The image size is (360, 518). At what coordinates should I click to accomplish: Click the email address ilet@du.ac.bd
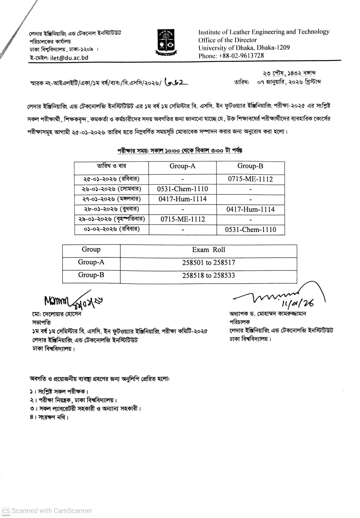(x=69, y=58)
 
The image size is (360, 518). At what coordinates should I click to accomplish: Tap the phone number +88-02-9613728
(x=241, y=56)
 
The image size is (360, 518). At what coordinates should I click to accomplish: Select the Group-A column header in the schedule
(x=182, y=166)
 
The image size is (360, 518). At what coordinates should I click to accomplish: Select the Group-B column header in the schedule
(x=250, y=166)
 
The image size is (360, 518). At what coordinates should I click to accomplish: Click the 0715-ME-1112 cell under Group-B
(x=250, y=179)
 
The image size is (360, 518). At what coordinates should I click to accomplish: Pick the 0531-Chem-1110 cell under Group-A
(x=182, y=189)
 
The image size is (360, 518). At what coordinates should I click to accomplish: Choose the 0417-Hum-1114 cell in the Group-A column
(x=182, y=199)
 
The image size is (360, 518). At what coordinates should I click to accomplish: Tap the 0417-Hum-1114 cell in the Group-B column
(x=250, y=209)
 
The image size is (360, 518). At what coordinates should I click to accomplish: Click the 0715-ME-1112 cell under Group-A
(x=182, y=219)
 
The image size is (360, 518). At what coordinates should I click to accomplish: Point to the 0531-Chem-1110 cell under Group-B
(x=250, y=230)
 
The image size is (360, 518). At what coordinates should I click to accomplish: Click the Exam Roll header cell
(x=208, y=250)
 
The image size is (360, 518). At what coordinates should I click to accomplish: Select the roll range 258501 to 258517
(x=208, y=263)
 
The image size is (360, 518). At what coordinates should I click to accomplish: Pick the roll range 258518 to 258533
(x=208, y=276)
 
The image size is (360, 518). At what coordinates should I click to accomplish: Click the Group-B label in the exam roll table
(x=91, y=275)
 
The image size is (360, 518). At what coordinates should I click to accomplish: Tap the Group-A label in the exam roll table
(x=91, y=262)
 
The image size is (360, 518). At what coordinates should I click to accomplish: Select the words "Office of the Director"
(x=227, y=40)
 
